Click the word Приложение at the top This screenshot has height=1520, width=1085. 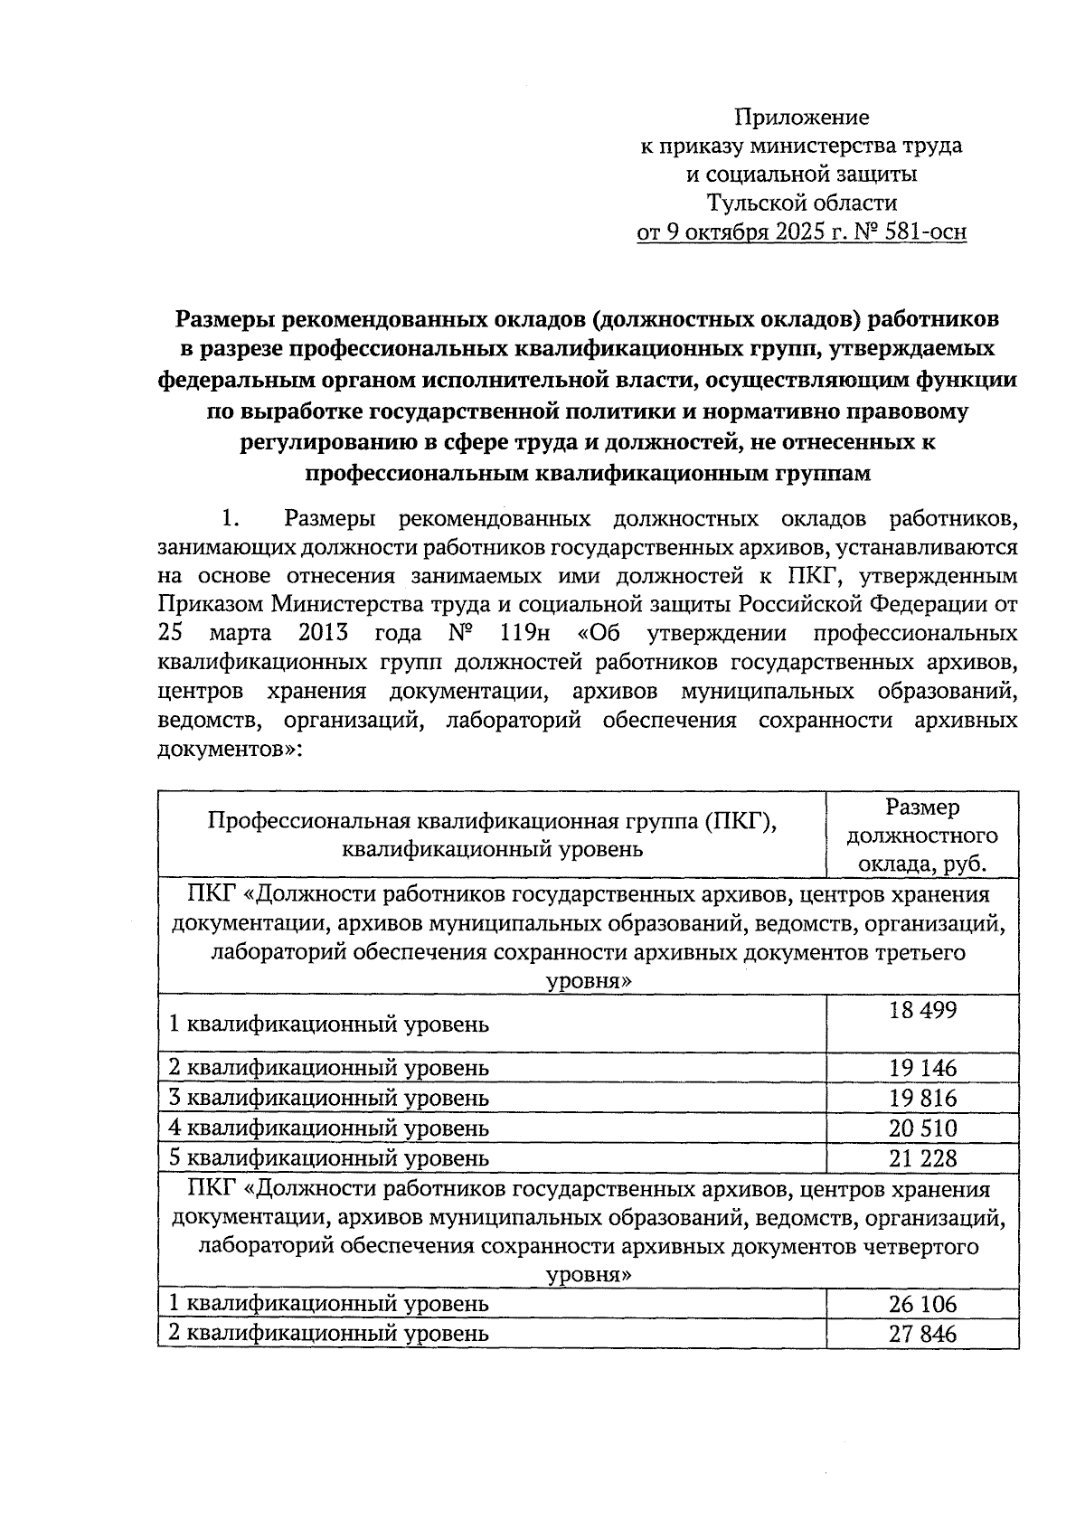pyautogui.click(x=801, y=117)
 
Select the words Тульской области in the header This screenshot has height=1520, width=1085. pyautogui.click(x=802, y=203)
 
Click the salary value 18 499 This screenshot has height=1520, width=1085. pyautogui.click(x=922, y=1011)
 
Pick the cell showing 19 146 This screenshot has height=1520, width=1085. pyautogui.click(x=922, y=1069)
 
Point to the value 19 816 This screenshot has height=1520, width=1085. pyautogui.click(x=922, y=1099)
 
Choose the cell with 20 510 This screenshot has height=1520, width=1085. pyautogui.click(x=922, y=1128)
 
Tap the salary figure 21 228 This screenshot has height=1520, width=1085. pyautogui.click(x=922, y=1158)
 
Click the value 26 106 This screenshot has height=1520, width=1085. pyautogui.click(x=922, y=1304)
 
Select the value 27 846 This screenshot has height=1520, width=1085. pyautogui.click(x=922, y=1334)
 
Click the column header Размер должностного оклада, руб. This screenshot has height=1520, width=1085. pyautogui.click(x=922, y=835)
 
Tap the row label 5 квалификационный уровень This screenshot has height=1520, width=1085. pyautogui.click(x=330, y=1158)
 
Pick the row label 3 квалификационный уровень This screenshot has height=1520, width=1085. pyautogui.click(x=330, y=1099)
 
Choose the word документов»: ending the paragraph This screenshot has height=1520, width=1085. pyautogui.click(x=230, y=750)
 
